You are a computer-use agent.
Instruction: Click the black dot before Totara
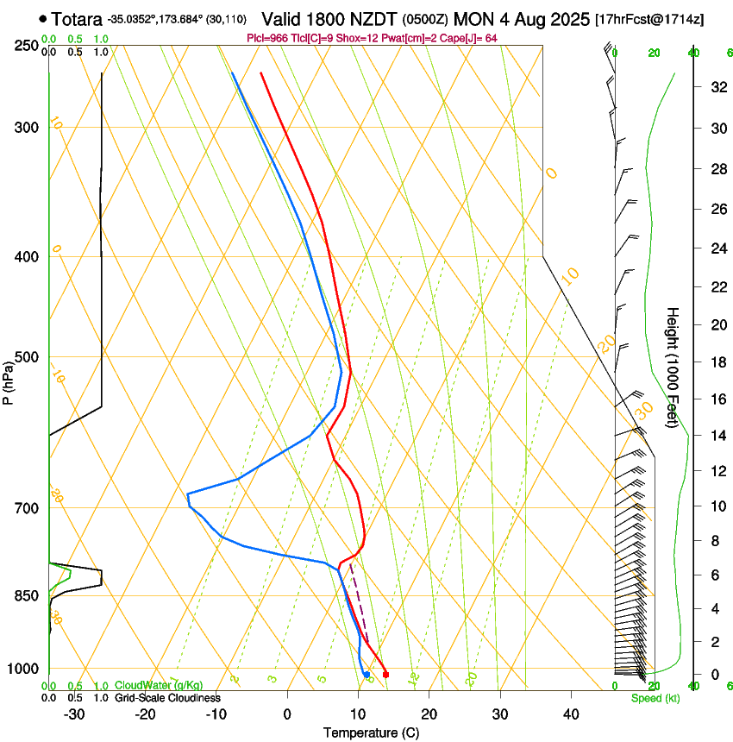pos(43,18)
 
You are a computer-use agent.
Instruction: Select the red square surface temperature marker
pos(385,675)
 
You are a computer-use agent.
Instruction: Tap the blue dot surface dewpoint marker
pos(366,675)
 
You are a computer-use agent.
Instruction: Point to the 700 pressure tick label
pos(26,508)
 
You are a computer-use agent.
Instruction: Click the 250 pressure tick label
pos(26,45)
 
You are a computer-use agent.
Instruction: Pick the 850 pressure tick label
pos(26,596)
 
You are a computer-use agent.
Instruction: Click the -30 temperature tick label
pos(74,714)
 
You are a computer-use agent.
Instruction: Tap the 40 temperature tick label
pos(570,714)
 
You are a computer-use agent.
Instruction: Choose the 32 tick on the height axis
pos(715,86)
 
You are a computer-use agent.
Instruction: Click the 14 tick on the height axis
pos(715,436)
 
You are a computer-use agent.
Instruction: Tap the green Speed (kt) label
pos(655,698)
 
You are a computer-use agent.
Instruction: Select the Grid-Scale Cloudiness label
pos(167,697)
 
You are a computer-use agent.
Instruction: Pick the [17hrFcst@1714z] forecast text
pos(649,18)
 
